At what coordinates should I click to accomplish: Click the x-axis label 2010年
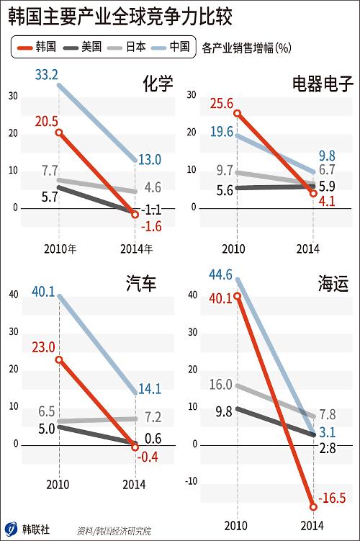[x=60, y=249]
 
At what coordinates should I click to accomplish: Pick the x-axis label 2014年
[x=136, y=249]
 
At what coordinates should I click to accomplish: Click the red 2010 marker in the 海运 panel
[x=238, y=295]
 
